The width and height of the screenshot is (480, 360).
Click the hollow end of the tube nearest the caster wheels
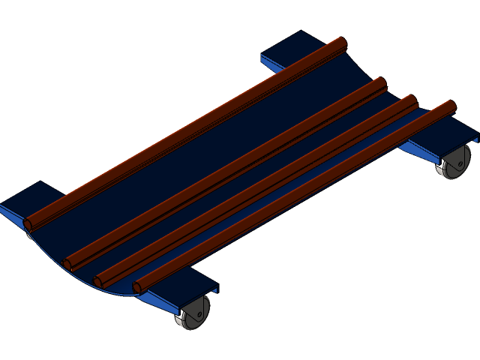point(138,287)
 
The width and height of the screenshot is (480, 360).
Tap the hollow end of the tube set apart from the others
point(29,223)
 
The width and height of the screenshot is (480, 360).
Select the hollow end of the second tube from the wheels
point(98,282)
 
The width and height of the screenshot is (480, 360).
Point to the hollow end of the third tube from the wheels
point(68,264)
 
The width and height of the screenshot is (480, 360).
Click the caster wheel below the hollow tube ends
point(193,312)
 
